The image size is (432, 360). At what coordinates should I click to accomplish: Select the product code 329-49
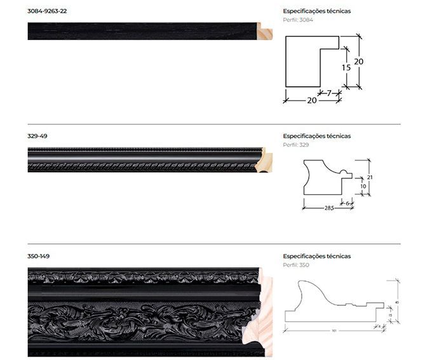click(37, 136)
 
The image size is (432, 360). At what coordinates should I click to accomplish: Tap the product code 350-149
click(39, 256)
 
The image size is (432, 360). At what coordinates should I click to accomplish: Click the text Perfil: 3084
click(298, 20)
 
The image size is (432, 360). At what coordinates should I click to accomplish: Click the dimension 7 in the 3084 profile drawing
click(329, 93)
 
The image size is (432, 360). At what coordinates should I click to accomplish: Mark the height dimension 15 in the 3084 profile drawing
click(346, 67)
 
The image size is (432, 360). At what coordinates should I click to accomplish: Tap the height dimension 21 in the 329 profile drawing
click(368, 177)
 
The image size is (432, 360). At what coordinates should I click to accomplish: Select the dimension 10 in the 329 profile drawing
click(362, 186)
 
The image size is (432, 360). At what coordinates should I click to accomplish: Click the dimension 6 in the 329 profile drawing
click(348, 202)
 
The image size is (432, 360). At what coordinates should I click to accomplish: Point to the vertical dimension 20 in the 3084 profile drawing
click(359, 62)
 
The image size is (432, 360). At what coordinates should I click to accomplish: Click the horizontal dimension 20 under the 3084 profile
click(312, 100)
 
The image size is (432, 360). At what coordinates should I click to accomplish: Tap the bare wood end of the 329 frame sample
click(262, 159)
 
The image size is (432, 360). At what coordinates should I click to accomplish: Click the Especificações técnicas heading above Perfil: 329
click(316, 136)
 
